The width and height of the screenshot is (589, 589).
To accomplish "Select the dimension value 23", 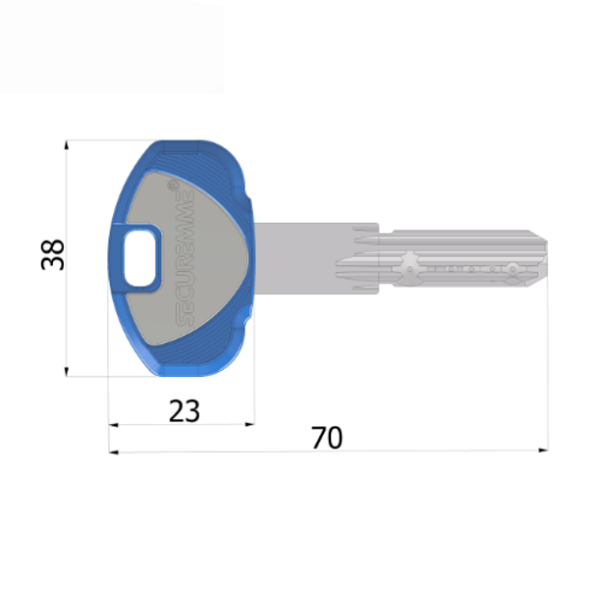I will pyautogui.click(x=184, y=409).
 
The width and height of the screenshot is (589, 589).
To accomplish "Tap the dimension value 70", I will pyautogui.click(x=327, y=438).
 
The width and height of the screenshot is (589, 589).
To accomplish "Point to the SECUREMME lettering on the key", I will pyautogui.click(x=183, y=252).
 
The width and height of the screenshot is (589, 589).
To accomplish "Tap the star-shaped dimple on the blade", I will pyautogui.click(x=410, y=265).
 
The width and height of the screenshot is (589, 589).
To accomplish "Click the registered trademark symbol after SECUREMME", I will pyautogui.click(x=174, y=184).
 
